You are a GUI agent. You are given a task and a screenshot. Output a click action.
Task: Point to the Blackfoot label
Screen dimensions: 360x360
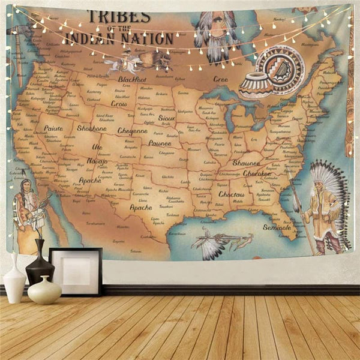coord(132,79)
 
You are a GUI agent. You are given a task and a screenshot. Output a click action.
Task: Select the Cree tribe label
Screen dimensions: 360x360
coord(220,79)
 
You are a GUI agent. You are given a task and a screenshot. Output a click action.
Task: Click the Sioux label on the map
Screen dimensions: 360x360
coord(166,119)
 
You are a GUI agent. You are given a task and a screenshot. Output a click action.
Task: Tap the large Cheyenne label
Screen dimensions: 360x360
coord(133,130)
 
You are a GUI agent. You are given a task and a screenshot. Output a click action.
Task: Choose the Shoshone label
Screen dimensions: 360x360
coord(91,128)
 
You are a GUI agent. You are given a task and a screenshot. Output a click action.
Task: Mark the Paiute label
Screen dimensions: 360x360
coord(53,128)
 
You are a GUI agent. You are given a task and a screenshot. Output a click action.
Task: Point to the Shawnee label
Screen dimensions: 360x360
coord(247,163)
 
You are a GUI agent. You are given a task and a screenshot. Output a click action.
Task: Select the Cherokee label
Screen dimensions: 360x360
coord(258,173)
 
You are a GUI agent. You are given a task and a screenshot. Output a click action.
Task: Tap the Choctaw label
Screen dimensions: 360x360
coord(232,195)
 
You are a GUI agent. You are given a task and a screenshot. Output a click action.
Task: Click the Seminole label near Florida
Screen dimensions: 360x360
coord(277,227)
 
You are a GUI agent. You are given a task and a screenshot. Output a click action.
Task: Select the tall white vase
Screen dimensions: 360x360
coord(14,278)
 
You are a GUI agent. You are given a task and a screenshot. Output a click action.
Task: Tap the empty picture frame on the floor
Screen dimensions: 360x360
coord(76,271)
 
